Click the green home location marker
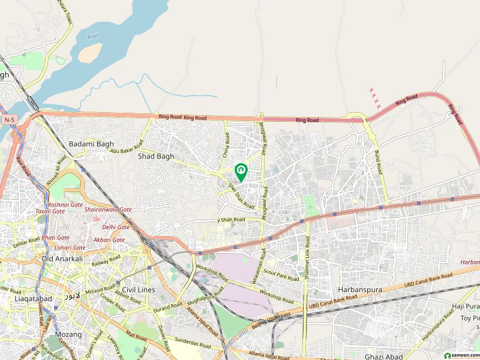(241, 172)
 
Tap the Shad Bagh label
(156, 157)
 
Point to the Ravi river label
(92, 37)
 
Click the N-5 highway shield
(8, 120)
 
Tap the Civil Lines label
(138, 290)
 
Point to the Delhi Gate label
(116, 227)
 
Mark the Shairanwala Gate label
(108, 209)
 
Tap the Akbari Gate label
(109, 240)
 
